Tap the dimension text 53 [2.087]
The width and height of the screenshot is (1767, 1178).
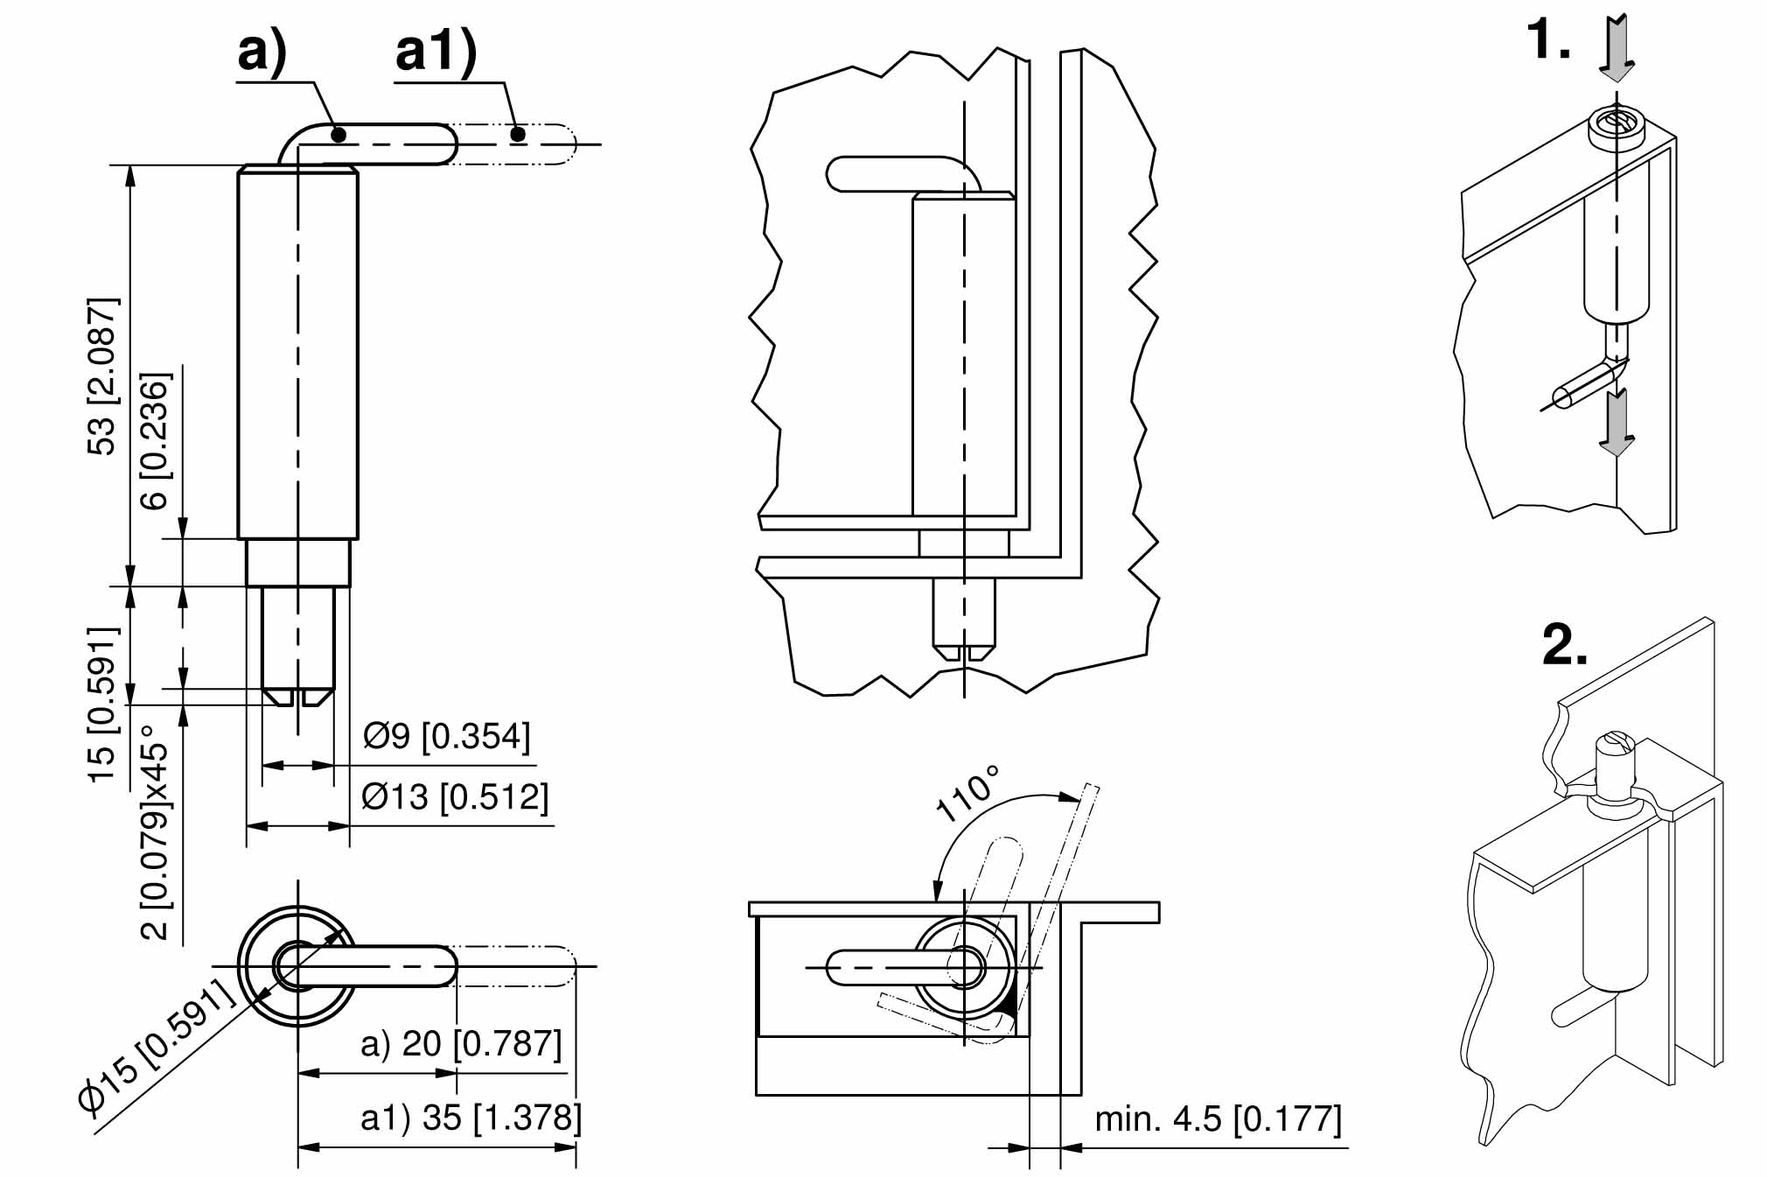pyautogui.click(x=101, y=376)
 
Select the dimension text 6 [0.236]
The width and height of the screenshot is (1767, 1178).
pyautogui.click(x=155, y=441)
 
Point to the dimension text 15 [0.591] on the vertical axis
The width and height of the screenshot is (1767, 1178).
pyautogui.click(x=101, y=704)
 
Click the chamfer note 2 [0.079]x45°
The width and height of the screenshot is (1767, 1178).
pyautogui.click(x=155, y=831)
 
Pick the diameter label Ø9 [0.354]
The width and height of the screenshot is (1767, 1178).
pyautogui.click(x=446, y=737)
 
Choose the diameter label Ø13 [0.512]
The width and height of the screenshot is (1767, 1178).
pyautogui.click(x=455, y=797)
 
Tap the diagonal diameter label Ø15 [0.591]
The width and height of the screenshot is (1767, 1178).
pyautogui.click(x=157, y=1046)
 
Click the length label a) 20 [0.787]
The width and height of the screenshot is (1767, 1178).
pyautogui.click(x=461, y=1044)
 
